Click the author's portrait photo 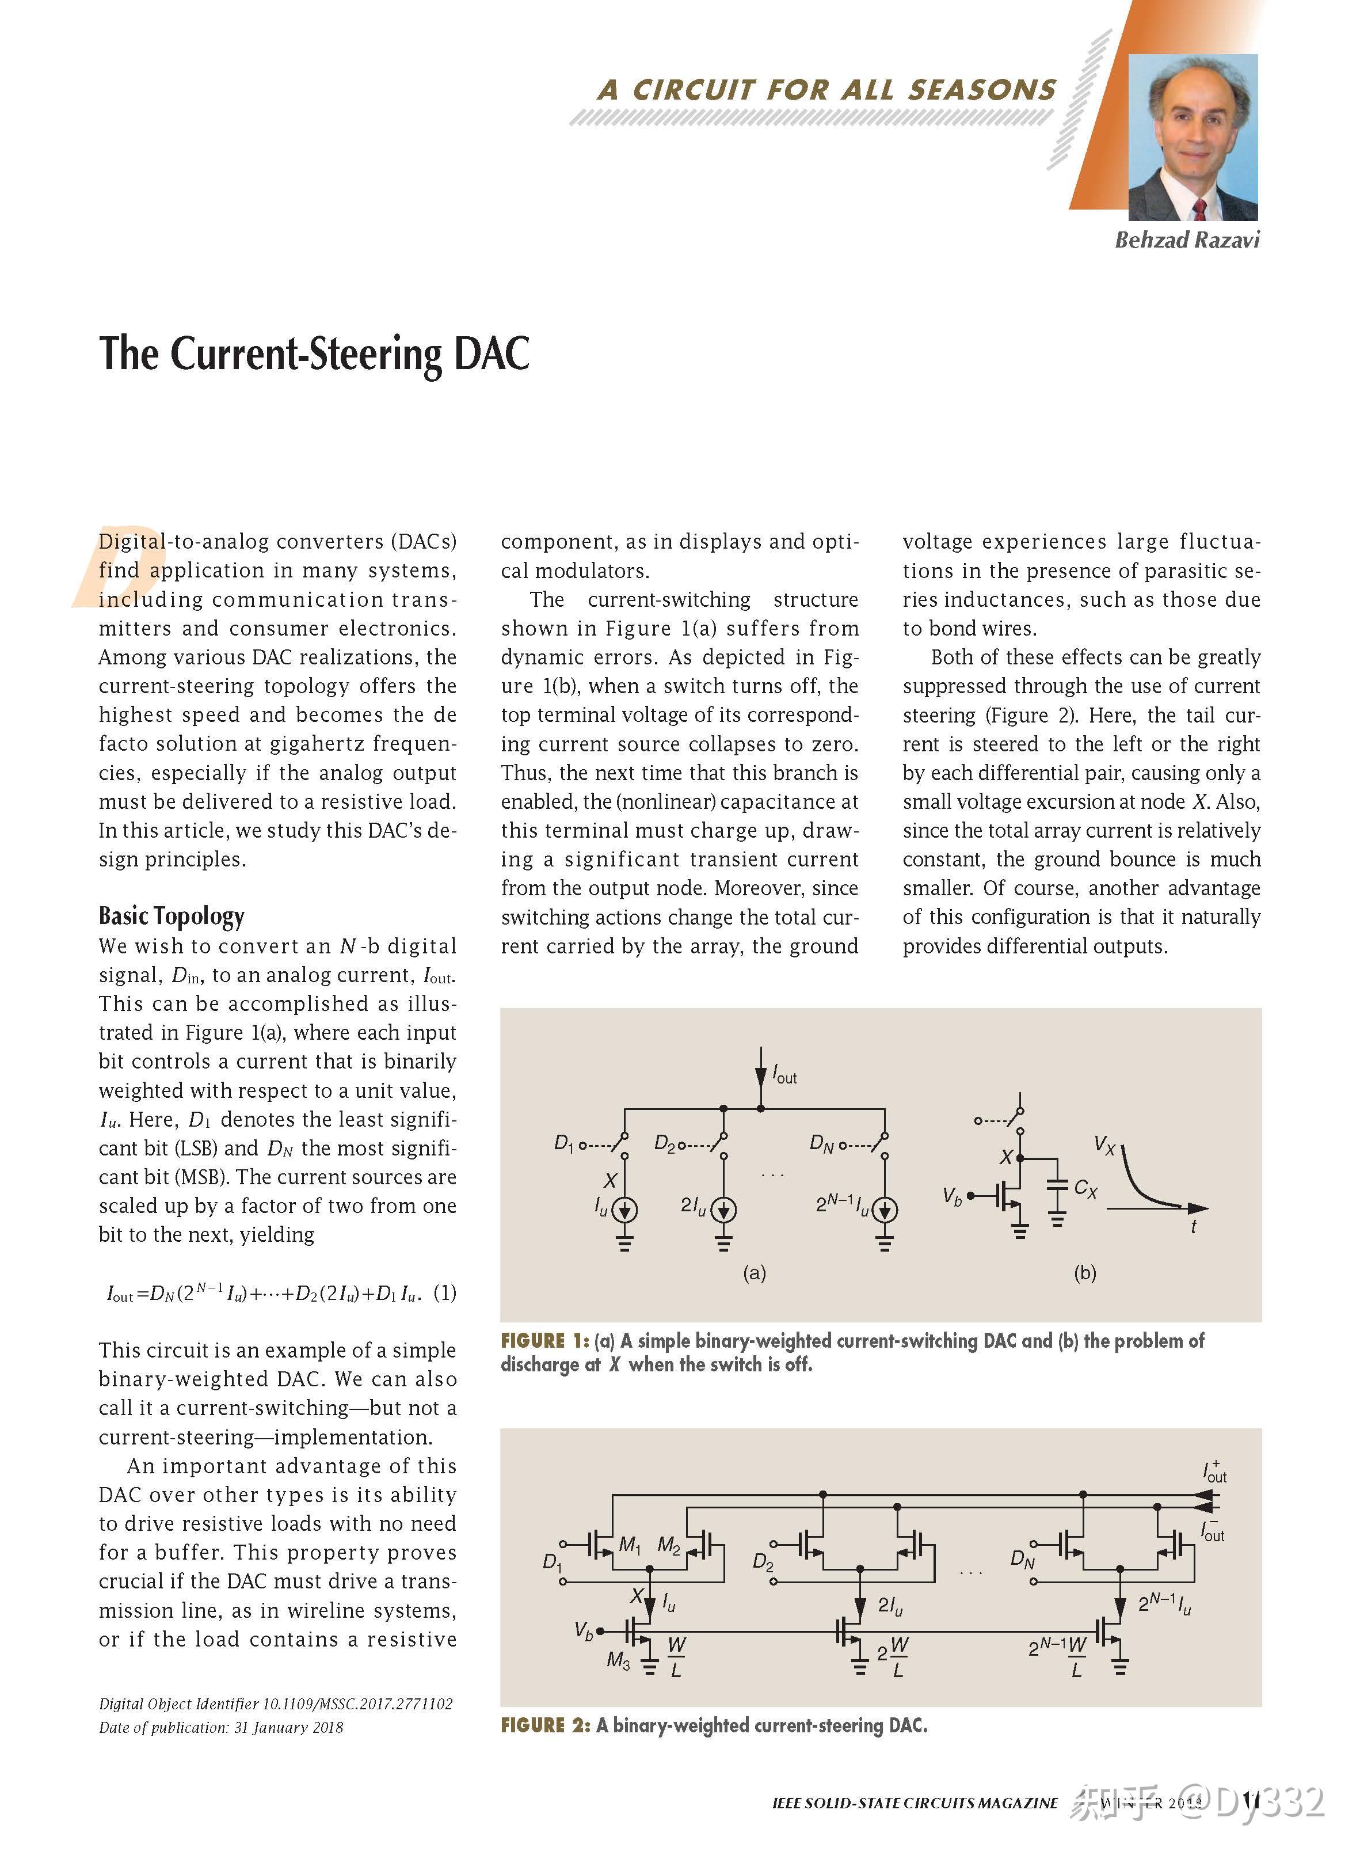click(x=1192, y=138)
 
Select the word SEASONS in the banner click(x=981, y=90)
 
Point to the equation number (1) click(x=444, y=1292)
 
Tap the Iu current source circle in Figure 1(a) click(x=625, y=1210)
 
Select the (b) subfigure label click(x=1084, y=1273)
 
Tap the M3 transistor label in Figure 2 click(x=618, y=1660)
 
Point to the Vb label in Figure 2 click(x=584, y=1631)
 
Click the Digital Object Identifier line click(x=276, y=1704)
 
